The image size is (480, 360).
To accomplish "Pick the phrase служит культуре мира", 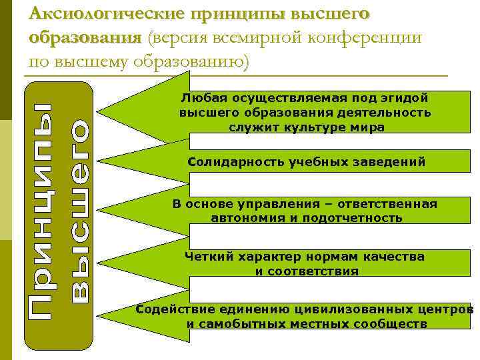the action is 306,127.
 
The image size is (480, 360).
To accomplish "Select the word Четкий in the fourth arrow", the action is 203,257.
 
